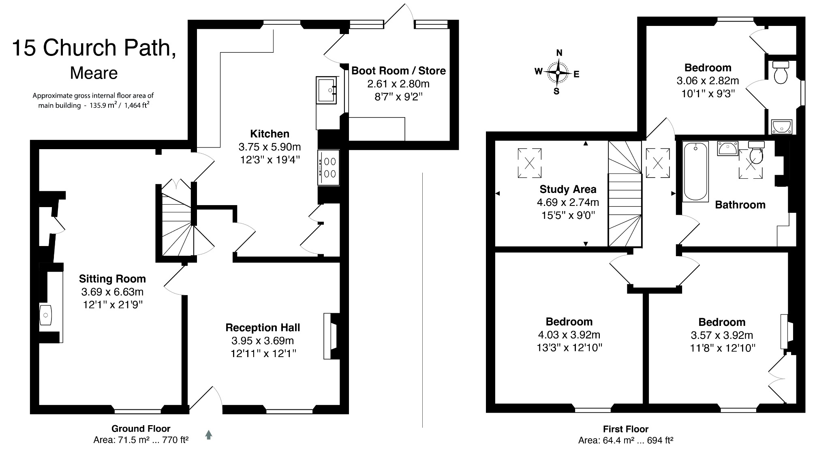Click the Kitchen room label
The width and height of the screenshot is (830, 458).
(270, 134)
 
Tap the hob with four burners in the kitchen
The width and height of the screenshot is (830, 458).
(329, 168)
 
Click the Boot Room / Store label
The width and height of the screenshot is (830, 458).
(398, 71)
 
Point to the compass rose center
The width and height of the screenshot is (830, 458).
(558, 73)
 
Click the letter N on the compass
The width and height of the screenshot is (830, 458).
(559, 53)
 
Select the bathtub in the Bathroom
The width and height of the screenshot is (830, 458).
(695, 171)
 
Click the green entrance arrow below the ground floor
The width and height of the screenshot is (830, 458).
(209, 435)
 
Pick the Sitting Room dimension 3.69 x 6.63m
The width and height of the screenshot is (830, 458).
(112, 292)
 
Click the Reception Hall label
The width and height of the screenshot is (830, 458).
(263, 327)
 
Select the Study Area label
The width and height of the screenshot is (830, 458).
(568, 189)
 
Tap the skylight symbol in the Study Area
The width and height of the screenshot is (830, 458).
(529, 163)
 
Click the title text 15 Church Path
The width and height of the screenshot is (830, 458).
(94, 48)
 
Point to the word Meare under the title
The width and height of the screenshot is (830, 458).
(94, 73)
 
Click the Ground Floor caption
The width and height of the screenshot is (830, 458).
(141, 428)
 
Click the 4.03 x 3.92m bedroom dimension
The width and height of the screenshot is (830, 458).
(569, 335)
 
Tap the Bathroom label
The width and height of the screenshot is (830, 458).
(740, 205)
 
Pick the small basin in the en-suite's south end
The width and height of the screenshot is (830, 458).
(782, 126)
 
